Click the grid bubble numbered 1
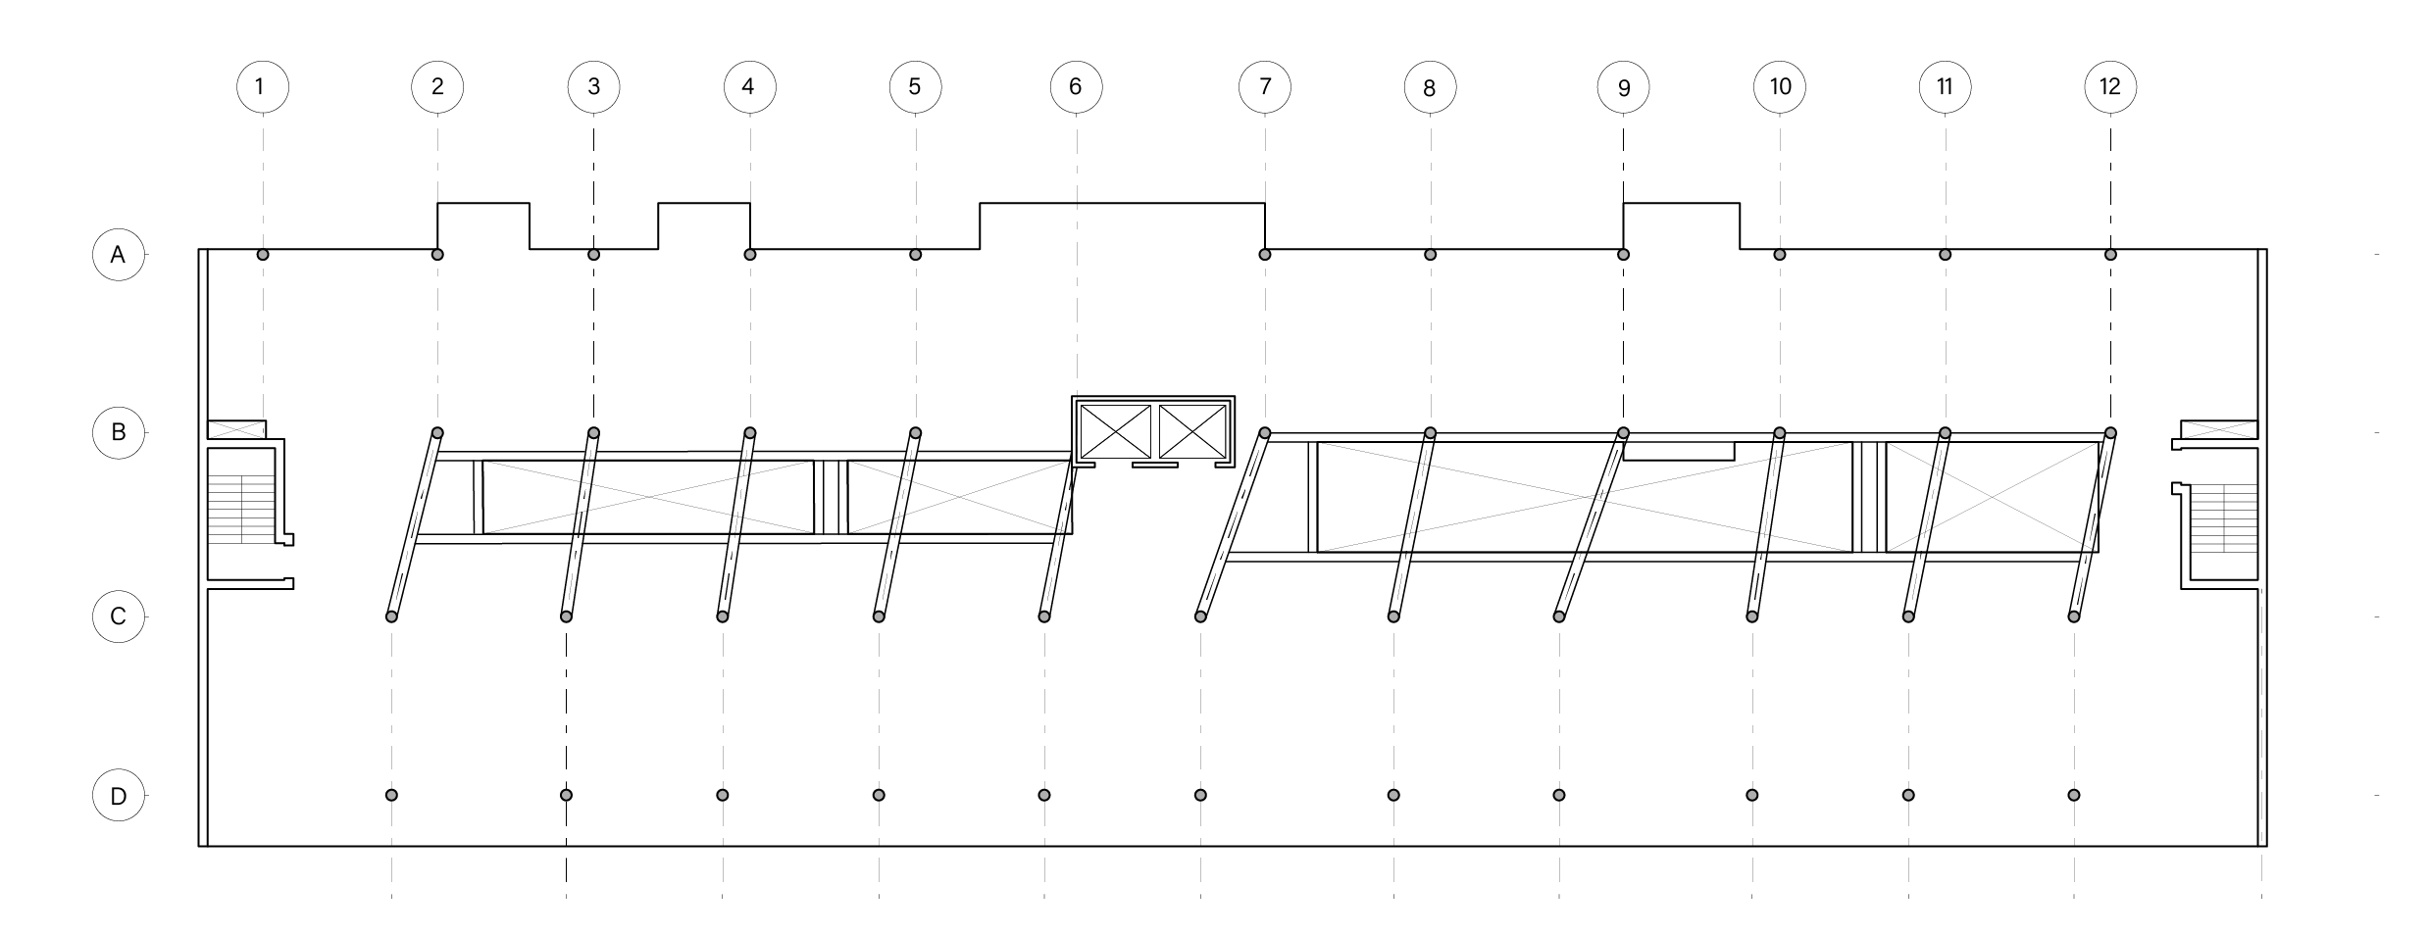tap(263, 87)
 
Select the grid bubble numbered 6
tap(1076, 87)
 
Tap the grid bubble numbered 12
tap(2110, 87)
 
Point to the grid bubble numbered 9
tap(1623, 88)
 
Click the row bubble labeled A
tap(119, 255)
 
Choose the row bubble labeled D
tap(119, 796)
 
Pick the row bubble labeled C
tap(119, 617)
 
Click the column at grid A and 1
tap(263, 255)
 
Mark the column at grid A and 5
tap(916, 255)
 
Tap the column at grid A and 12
tap(2110, 255)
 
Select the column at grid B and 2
tap(437, 433)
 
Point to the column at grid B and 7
tap(1265, 433)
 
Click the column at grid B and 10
tap(1780, 433)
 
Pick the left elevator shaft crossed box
tap(1115, 432)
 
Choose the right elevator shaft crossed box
tap(1193, 432)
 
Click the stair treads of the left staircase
tap(241, 508)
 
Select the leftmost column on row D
tap(391, 795)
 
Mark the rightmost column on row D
tap(2073, 795)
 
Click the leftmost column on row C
tap(391, 616)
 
